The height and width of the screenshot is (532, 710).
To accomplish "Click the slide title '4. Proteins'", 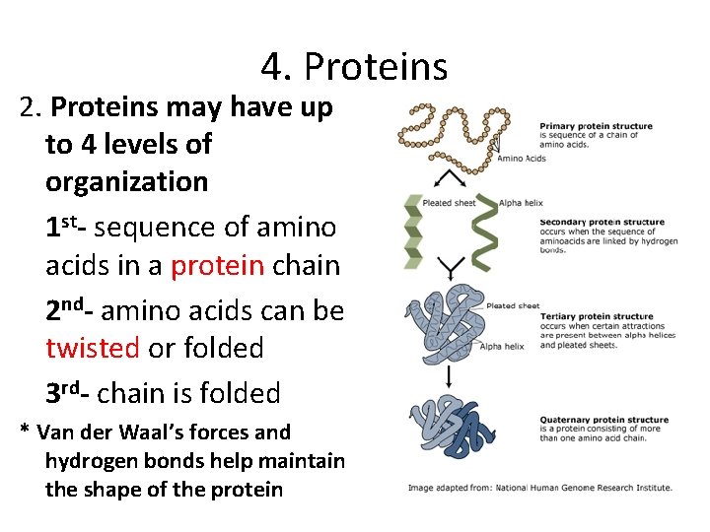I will point(354,67).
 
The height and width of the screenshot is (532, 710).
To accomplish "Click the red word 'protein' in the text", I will point(217,266).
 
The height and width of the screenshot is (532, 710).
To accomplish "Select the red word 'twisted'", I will point(93,348).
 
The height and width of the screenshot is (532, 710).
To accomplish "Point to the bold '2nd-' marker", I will point(70,310).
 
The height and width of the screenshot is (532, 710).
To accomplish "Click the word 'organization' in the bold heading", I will point(126,182).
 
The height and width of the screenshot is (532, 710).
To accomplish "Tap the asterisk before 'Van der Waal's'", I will point(25,432).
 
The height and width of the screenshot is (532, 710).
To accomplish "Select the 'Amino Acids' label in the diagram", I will point(521,159).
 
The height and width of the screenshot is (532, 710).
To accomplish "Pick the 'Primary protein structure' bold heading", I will point(596,125).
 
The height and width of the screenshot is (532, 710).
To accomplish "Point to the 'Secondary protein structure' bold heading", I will point(603,222).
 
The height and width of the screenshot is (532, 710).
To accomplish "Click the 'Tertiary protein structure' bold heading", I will point(597,316).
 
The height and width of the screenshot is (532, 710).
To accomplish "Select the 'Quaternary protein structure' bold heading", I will point(603,420).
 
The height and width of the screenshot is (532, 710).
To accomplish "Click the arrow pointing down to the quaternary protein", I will point(449,375).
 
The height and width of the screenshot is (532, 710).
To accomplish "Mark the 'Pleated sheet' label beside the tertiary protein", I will point(514,306).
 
